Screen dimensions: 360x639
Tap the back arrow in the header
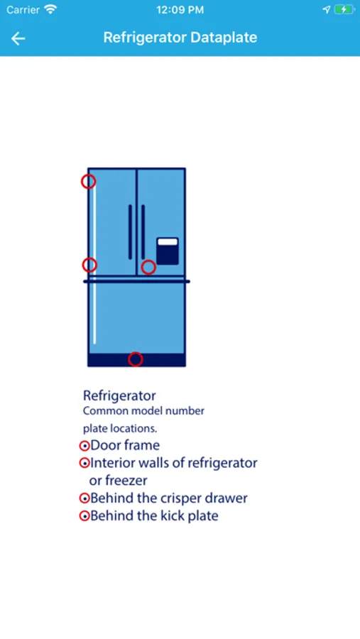point(18,38)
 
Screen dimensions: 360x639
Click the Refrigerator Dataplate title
point(180,38)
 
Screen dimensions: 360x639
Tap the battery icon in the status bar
point(344,9)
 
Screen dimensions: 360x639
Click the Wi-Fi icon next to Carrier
point(50,9)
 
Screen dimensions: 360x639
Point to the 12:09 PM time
point(180,10)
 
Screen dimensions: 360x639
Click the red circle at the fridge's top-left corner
point(89,181)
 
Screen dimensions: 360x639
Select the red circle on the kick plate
point(136,359)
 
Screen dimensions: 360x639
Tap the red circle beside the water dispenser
point(148,268)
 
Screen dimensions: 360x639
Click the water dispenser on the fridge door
point(168,251)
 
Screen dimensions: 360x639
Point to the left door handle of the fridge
point(130,232)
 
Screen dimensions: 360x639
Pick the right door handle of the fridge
point(143,232)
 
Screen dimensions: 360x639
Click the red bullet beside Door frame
point(84,446)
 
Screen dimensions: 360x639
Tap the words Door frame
point(125,445)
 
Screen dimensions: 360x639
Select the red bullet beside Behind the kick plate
point(84,516)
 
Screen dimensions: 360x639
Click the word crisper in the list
point(180,498)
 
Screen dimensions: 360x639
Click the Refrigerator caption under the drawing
point(119,395)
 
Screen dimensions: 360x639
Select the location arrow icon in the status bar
point(326,10)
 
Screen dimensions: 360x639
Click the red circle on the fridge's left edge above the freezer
point(89,265)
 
